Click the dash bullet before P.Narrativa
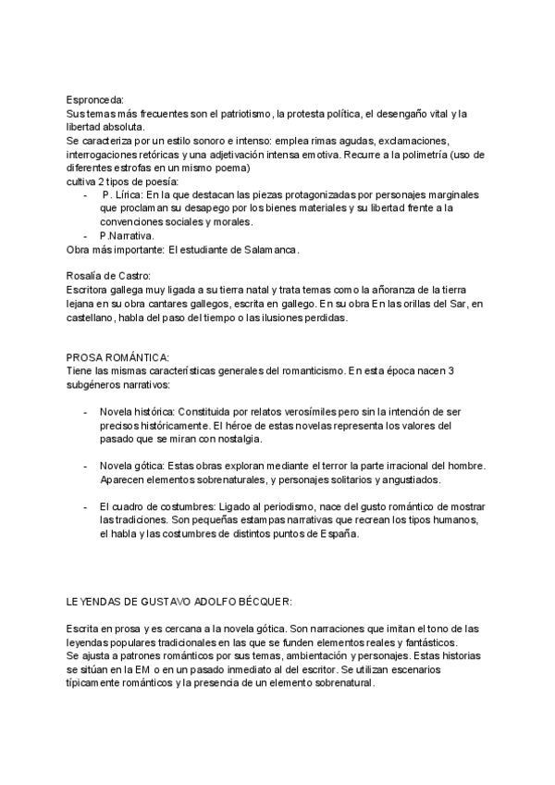point(85,236)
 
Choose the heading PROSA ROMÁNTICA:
point(117,357)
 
